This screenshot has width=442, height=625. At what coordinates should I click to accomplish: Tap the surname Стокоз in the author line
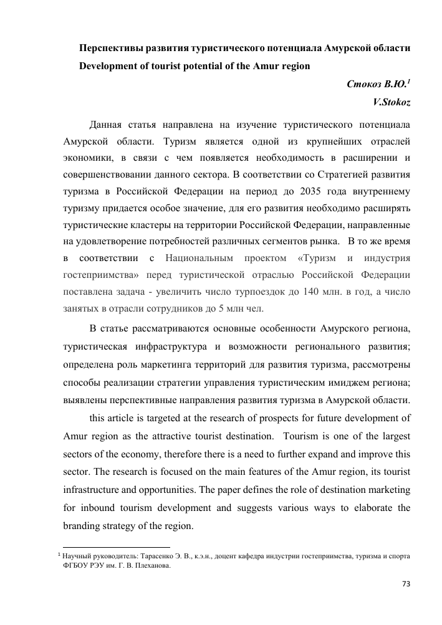(x=364, y=82)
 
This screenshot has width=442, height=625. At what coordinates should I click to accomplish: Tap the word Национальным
(x=204, y=257)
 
